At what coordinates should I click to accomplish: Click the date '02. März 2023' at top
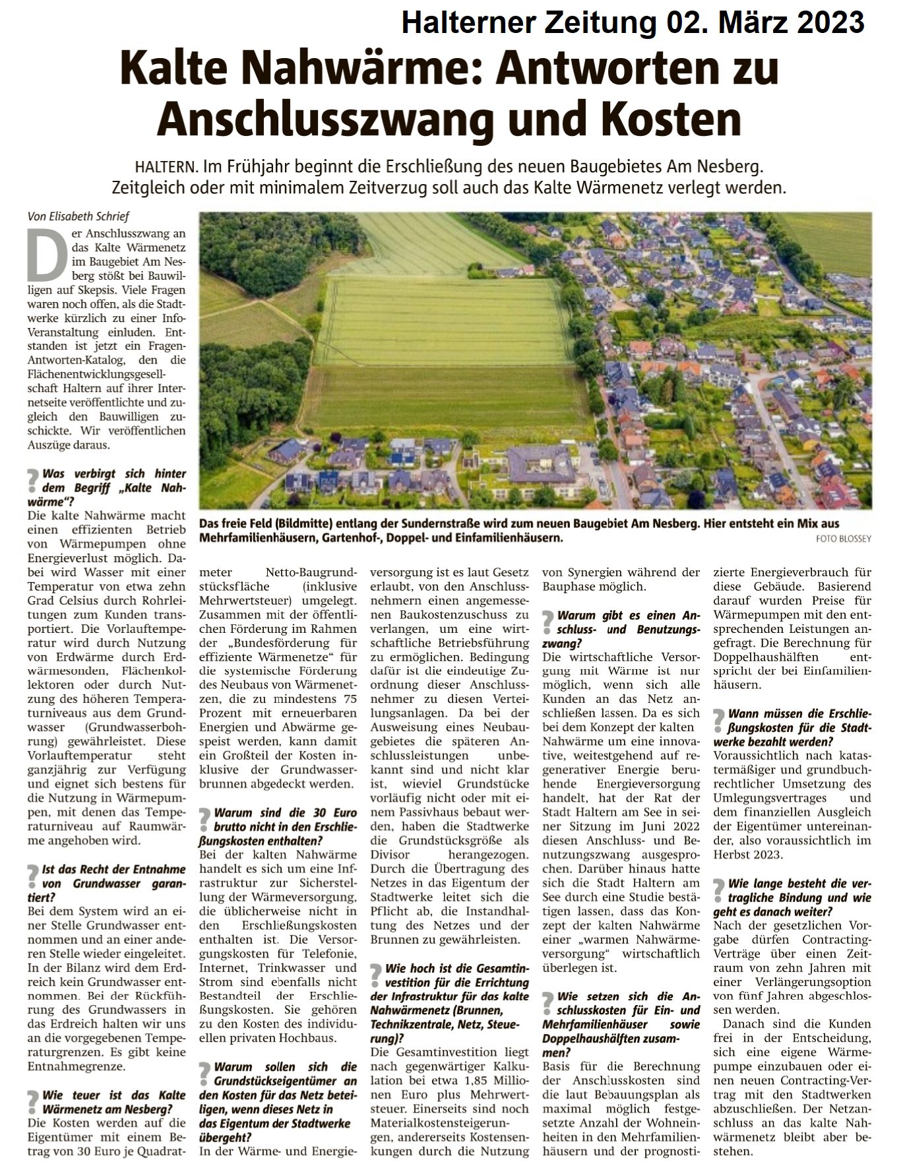tap(765, 23)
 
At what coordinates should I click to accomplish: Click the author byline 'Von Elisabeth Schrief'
tap(78, 216)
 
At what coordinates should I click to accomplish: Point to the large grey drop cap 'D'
tap(47, 254)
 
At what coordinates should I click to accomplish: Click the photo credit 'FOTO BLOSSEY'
tap(843, 539)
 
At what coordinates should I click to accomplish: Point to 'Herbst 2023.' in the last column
tap(743, 855)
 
